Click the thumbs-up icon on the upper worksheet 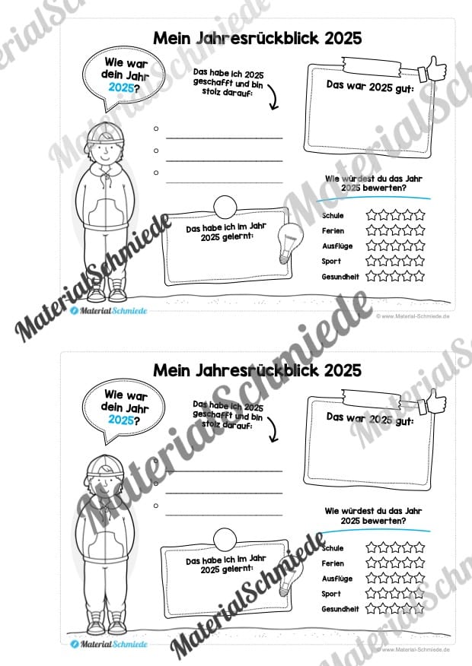point(436,70)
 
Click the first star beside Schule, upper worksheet point(373,214)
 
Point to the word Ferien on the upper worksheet point(333,230)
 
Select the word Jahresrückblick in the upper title point(253,38)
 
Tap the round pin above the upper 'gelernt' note point(225,207)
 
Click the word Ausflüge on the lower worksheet point(336,579)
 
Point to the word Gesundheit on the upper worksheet point(340,276)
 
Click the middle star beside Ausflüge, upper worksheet point(396,246)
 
